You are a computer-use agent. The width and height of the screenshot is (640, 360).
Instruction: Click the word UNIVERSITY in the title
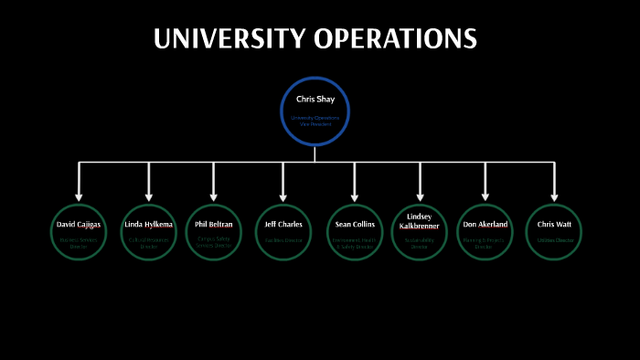229,39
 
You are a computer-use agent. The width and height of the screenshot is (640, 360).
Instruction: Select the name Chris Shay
315,99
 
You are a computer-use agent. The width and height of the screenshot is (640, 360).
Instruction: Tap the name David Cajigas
79,224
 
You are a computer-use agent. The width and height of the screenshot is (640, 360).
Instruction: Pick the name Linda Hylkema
148,224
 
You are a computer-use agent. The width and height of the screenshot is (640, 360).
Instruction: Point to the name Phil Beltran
214,223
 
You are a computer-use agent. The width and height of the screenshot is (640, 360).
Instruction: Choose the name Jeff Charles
283,224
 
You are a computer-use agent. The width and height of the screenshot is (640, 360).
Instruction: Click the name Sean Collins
354,224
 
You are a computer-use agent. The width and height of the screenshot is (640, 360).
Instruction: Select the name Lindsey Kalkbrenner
421,221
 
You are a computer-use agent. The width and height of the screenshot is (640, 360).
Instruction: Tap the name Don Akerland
485,224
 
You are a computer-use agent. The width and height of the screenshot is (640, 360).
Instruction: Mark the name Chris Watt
554,224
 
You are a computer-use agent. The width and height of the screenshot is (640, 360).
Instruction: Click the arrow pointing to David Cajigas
80,182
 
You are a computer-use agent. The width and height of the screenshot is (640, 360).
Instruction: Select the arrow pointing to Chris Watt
554,182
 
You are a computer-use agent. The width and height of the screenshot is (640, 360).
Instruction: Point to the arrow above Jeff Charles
283,182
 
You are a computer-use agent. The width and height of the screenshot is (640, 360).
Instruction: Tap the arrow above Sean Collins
354,182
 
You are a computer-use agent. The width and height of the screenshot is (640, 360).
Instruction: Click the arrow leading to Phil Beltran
214,182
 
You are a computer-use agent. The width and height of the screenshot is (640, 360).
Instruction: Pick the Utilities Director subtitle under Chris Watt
554,239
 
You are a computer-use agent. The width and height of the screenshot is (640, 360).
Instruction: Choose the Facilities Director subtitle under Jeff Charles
283,239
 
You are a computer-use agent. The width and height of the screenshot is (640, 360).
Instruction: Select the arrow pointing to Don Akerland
485,182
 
